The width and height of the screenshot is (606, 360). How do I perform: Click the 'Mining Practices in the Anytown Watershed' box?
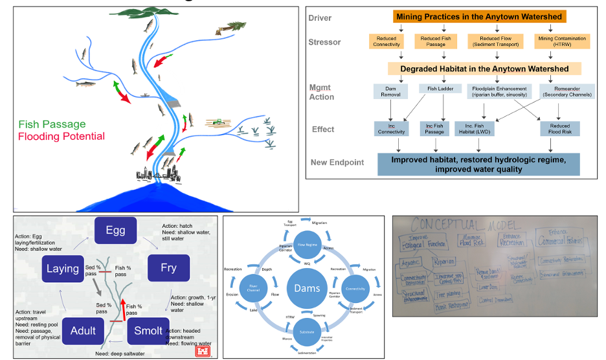(x=479, y=16)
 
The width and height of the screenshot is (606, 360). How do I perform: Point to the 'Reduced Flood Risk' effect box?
(x=560, y=129)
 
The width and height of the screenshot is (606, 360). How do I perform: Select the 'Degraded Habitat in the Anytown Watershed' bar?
(x=484, y=69)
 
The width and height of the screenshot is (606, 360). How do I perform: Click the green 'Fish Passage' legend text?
(x=52, y=124)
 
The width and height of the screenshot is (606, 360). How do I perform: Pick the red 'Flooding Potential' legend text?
(x=61, y=137)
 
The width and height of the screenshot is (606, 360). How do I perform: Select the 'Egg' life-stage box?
(x=117, y=231)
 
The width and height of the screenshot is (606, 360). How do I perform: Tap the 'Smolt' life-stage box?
(x=148, y=331)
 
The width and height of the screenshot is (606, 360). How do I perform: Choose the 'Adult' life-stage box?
(x=83, y=331)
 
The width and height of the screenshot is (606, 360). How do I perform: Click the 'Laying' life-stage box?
(x=63, y=268)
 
